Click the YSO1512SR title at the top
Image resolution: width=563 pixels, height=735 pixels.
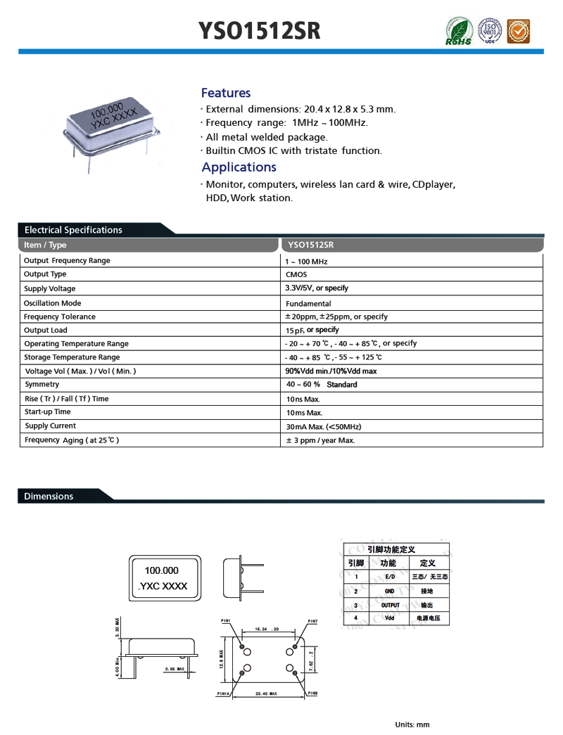pyautogui.click(x=260, y=30)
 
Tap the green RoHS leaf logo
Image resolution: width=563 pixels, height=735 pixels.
pyautogui.click(x=459, y=32)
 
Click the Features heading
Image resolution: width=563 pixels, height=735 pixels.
pyautogui.click(x=226, y=93)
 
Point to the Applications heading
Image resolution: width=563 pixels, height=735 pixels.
pyautogui.click(x=239, y=167)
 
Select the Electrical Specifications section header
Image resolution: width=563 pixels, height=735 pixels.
pyautogui.click(x=73, y=230)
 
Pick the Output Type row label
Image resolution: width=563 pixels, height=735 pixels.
pyautogui.click(x=45, y=274)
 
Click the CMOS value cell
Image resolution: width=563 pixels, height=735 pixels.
pyautogui.click(x=296, y=275)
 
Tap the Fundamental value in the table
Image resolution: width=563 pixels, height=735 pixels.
pyautogui.click(x=308, y=304)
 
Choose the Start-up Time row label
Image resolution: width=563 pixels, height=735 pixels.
pyautogui.click(x=47, y=412)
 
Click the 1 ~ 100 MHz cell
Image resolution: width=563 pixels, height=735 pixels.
pyautogui.click(x=307, y=262)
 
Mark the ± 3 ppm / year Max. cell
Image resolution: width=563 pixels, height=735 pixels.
pyautogui.click(x=320, y=440)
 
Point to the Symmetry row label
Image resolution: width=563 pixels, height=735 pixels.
pyautogui.click(x=42, y=385)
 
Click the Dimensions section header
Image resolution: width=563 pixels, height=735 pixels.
pyautogui.click(x=49, y=497)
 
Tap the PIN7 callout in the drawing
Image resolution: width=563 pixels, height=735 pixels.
pyautogui.click(x=312, y=621)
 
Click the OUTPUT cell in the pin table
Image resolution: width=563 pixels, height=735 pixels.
pyautogui.click(x=390, y=605)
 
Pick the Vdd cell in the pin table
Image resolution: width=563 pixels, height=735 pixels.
pyautogui.click(x=389, y=618)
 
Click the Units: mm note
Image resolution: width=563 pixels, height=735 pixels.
pyautogui.click(x=412, y=724)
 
